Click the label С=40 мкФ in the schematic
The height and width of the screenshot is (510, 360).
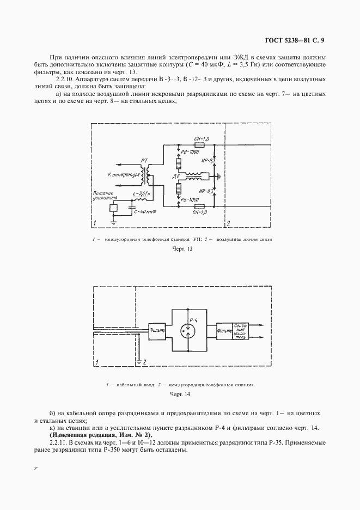[145, 211]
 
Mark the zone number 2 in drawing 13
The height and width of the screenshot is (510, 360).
[229, 223]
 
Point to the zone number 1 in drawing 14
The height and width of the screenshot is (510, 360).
[97, 361]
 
